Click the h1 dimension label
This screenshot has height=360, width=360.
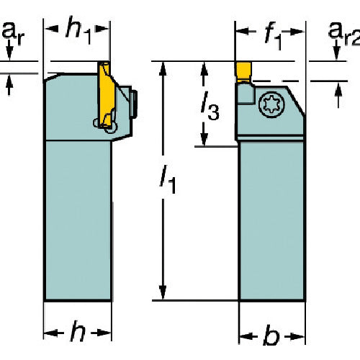(x=78, y=30)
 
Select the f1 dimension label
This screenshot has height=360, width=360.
(x=273, y=37)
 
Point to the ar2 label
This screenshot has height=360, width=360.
(x=344, y=34)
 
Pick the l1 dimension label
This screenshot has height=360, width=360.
(x=168, y=179)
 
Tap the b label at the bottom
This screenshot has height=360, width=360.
(x=271, y=334)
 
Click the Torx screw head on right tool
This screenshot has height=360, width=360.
(x=272, y=105)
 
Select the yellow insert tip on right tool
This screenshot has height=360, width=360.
(x=244, y=72)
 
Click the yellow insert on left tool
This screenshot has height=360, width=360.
(x=106, y=94)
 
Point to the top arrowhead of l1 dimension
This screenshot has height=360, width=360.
(x=163, y=69)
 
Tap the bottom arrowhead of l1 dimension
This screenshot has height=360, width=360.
(x=163, y=292)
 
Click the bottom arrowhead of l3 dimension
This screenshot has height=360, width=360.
(x=204, y=140)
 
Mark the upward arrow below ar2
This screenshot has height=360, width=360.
(x=338, y=95)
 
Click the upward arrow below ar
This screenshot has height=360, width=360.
(x=9, y=84)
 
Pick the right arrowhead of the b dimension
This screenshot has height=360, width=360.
(x=297, y=336)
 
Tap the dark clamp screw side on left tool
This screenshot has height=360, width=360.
(x=134, y=104)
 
